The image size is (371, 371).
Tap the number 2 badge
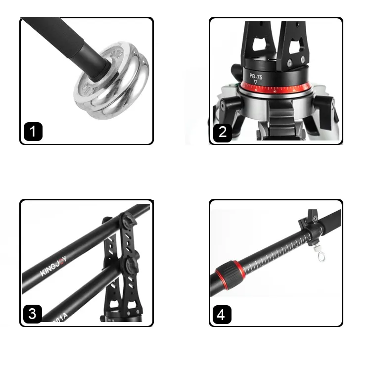click(x=223, y=132)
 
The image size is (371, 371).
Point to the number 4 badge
click(x=223, y=314)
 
